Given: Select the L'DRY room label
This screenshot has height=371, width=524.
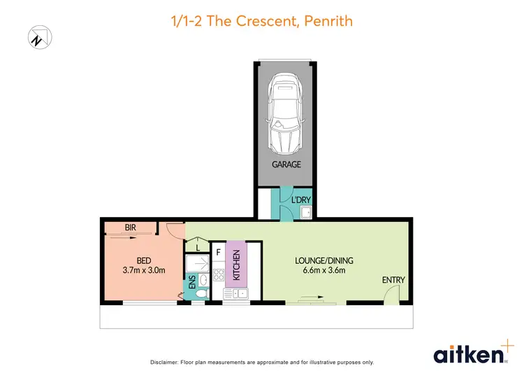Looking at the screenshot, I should click(301, 199).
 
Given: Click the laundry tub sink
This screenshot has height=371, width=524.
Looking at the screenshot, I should click(304, 213).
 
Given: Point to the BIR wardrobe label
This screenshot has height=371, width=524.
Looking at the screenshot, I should click(130, 227).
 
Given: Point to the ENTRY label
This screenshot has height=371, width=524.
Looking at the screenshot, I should click(393, 280).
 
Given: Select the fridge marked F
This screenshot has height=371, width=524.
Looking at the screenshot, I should click(218, 251).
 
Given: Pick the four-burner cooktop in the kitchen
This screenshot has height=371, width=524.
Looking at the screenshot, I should click(217, 275).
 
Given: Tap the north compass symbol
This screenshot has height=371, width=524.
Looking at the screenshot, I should click(37, 38).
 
